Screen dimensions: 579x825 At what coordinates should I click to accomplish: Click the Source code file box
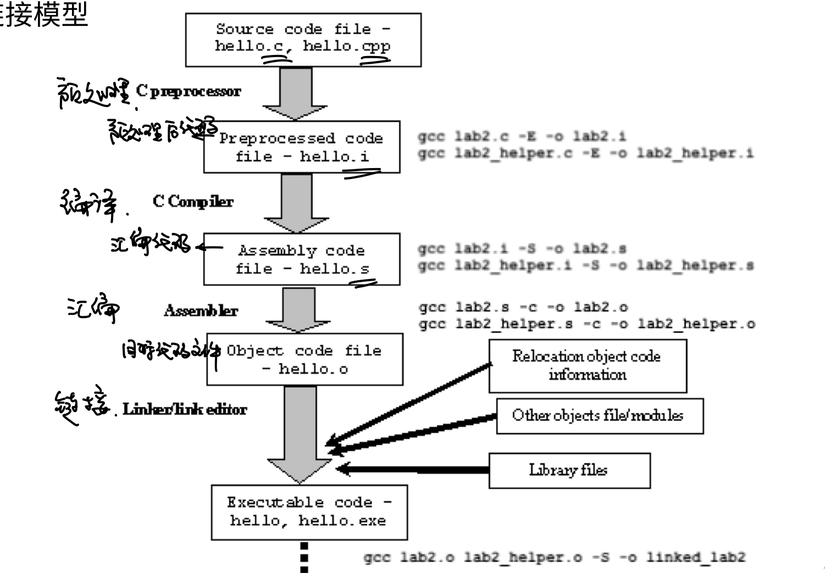(303, 40)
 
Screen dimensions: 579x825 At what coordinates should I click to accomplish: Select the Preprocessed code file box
(302, 147)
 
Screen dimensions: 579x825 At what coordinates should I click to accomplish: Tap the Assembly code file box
(302, 259)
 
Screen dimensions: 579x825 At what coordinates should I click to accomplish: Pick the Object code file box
(304, 359)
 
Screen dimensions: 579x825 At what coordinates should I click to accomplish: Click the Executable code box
(309, 512)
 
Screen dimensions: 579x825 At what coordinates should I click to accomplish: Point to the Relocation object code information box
(588, 366)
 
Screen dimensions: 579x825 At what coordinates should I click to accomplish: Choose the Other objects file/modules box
(599, 416)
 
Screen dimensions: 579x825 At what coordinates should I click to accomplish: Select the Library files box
(569, 471)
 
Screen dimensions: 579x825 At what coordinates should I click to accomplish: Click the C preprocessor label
(189, 91)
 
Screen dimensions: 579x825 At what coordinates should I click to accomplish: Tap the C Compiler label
(193, 202)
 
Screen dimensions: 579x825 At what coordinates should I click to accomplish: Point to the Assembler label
(201, 311)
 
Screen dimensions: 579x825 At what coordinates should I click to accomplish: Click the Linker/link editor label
(185, 409)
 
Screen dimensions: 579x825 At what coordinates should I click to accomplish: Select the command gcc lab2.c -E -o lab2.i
(522, 136)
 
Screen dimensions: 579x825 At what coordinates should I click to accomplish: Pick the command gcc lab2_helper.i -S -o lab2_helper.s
(585, 266)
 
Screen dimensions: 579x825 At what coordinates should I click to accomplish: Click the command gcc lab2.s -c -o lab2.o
(523, 307)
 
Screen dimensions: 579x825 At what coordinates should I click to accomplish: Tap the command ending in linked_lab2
(554, 558)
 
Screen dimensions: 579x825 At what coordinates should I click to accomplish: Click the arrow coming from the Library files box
(412, 469)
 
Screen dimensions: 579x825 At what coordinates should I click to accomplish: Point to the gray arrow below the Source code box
(295, 93)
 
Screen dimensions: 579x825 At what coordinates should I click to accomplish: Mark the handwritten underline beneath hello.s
(364, 283)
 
